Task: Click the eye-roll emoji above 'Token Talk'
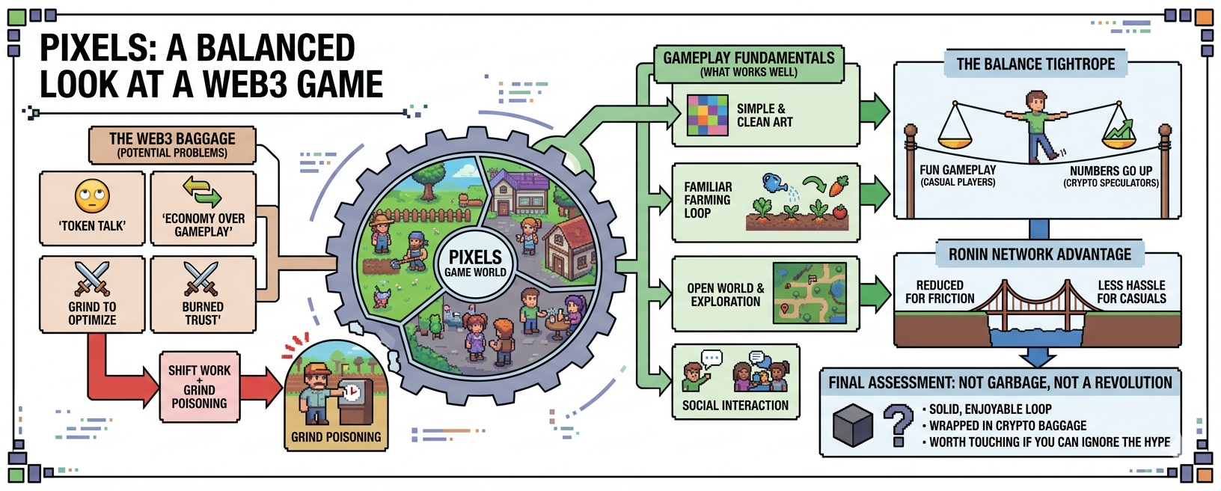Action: pyautogui.click(x=92, y=196)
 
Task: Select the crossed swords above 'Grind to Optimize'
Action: pyautogui.click(x=92, y=279)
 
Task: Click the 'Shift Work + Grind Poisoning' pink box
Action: pyautogui.click(x=199, y=387)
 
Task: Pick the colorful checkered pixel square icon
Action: pyautogui.click(x=708, y=115)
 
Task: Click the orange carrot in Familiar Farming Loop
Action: pyautogui.click(x=837, y=185)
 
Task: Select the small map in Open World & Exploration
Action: pyautogui.click(x=810, y=293)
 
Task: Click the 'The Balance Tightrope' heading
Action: pyautogui.click(x=1035, y=64)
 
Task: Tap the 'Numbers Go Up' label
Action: pyautogui.click(x=1110, y=171)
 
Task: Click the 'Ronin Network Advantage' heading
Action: pyautogui.click(x=1039, y=254)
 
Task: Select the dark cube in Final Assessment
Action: pyautogui.click(x=853, y=425)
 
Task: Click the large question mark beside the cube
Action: pyautogui.click(x=898, y=424)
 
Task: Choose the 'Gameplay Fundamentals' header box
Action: pyautogui.click(x=748, y=64)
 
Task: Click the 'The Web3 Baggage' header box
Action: pyautogui.click(x=172, y=144)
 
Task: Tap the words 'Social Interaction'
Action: pyautogui.click(x=735, y=406)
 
